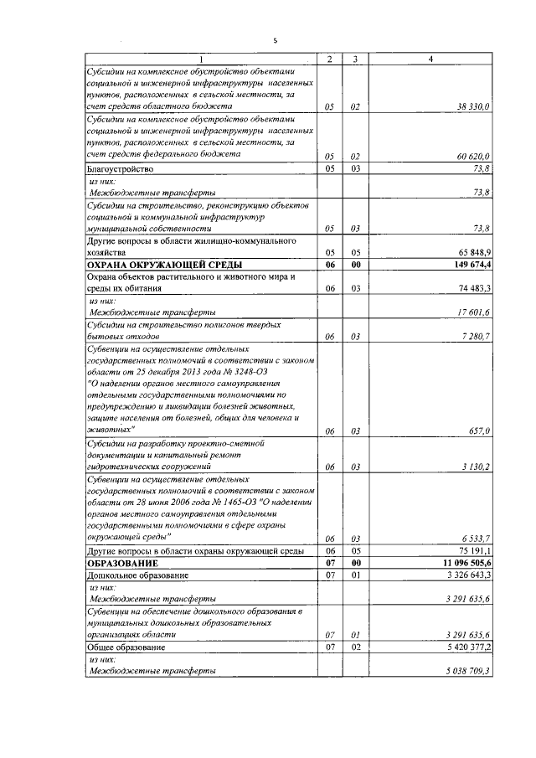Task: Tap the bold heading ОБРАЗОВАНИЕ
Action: (x=123, y=564)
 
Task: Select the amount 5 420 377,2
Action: (x=467, y=647)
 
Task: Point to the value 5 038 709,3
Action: (x=467, y=672)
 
